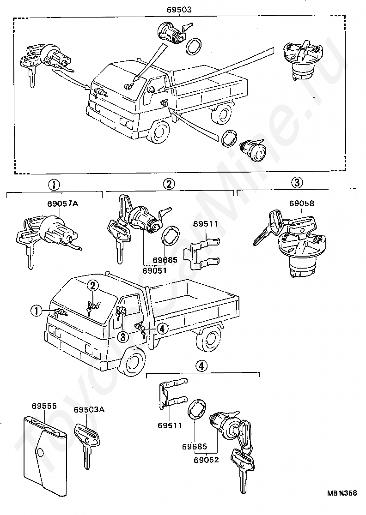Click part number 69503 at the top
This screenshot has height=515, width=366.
(179, 10)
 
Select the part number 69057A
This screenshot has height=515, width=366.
(62, 204)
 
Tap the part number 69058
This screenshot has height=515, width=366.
(301, 204)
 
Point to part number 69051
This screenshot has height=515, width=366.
(154, 270)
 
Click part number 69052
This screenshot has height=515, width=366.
(206, 460)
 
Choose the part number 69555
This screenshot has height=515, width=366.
(44, 406)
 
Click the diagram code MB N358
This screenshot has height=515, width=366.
(342, 502)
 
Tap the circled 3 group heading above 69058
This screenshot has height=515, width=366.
(297, 182)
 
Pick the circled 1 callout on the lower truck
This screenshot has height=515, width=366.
(37, 310)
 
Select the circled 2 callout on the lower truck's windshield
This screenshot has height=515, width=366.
(93, 286)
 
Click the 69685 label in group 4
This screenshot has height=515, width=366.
(195, 447)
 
